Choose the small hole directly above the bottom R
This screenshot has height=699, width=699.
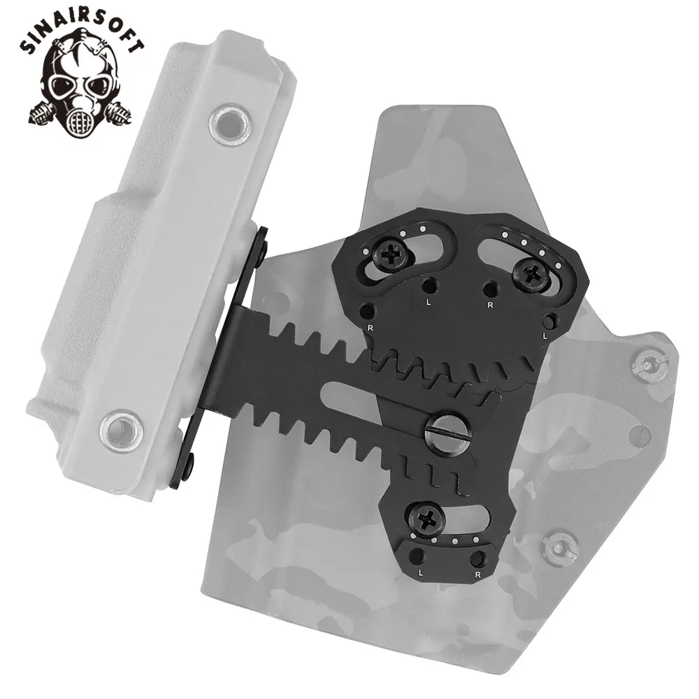pos(478,558)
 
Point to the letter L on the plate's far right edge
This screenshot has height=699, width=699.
pos(545,336)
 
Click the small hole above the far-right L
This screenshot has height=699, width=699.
pos(551,320)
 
